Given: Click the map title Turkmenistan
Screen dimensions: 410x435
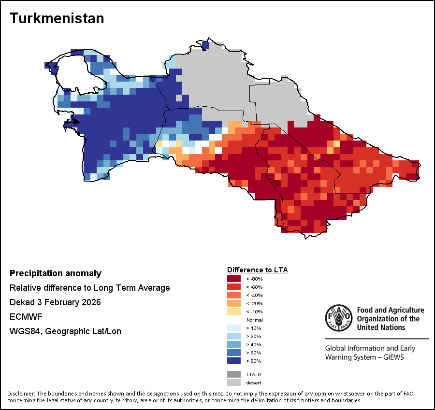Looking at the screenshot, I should (x=57, y=18).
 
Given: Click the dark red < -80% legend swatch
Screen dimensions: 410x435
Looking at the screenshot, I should (x=234, y=279).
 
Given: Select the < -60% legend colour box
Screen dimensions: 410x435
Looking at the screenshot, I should (x=234, y=287).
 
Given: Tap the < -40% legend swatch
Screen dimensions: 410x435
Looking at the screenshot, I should (x=234, y=295).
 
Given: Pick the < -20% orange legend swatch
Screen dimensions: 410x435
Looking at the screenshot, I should (x=234, y=303).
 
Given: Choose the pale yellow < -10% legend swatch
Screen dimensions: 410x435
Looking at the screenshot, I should (x=234, y=311).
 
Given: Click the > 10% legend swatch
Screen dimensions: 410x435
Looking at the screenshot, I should (x=234, y=328).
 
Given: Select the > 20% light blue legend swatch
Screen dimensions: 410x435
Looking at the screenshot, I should (x=234, y=336).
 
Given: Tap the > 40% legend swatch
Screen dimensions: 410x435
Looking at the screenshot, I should (x=234, y=344).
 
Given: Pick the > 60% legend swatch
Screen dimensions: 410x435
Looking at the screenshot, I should (x=234, y=353).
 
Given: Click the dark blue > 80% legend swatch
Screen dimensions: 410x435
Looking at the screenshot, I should (x=234, y=361).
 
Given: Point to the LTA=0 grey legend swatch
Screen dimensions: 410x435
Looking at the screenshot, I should (x=234, y=374).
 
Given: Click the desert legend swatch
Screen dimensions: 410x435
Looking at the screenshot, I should (x=234, y=382).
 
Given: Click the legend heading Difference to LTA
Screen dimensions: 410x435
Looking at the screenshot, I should (x=257, y=269).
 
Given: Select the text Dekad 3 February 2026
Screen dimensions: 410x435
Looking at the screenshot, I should (x=55, y=302).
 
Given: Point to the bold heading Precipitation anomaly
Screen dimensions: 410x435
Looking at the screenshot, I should (x=56, y=273).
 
